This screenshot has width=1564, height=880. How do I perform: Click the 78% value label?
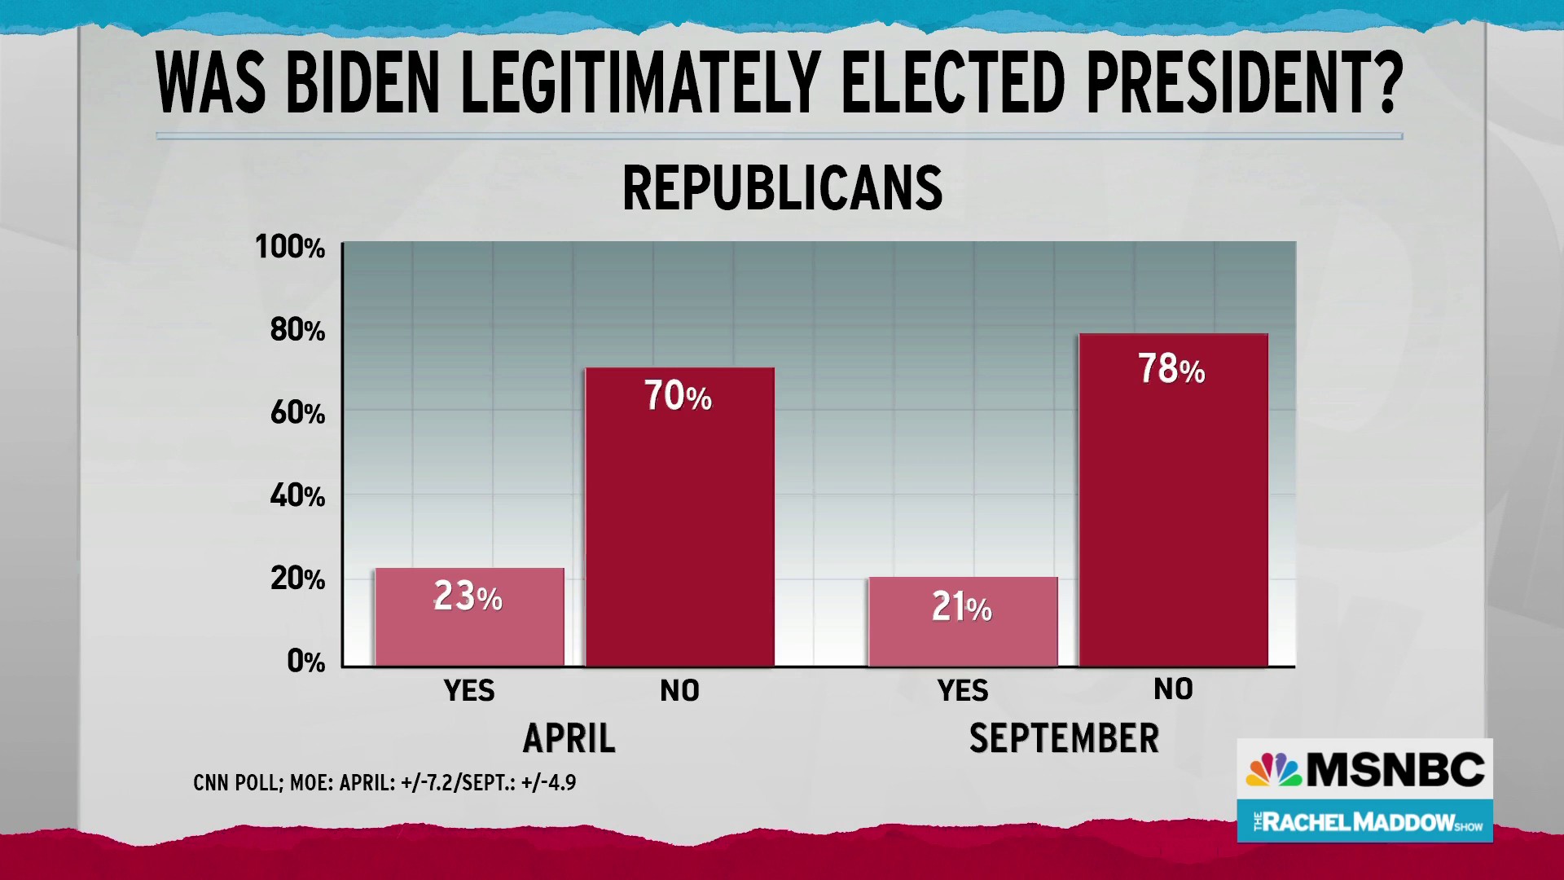[1171, 369]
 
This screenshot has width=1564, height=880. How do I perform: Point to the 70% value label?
[678, 396]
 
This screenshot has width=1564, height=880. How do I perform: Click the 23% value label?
[468, 596]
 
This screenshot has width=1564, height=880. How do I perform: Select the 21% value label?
[962, 607]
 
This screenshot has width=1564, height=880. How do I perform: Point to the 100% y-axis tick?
[290, 246]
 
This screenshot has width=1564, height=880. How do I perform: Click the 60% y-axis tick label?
[297, 413]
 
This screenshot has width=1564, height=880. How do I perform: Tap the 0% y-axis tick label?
[305, 661]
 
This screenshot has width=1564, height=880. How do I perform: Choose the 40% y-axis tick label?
[297, 495]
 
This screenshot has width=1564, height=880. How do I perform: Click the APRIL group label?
[569, 738]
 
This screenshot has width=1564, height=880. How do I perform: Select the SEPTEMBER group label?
[1064, 738]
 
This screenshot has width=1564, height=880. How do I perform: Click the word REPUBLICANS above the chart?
[782, 188]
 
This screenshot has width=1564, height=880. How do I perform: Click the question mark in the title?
[1382, 83]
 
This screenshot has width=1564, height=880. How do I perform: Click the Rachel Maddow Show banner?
[1365, 821]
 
